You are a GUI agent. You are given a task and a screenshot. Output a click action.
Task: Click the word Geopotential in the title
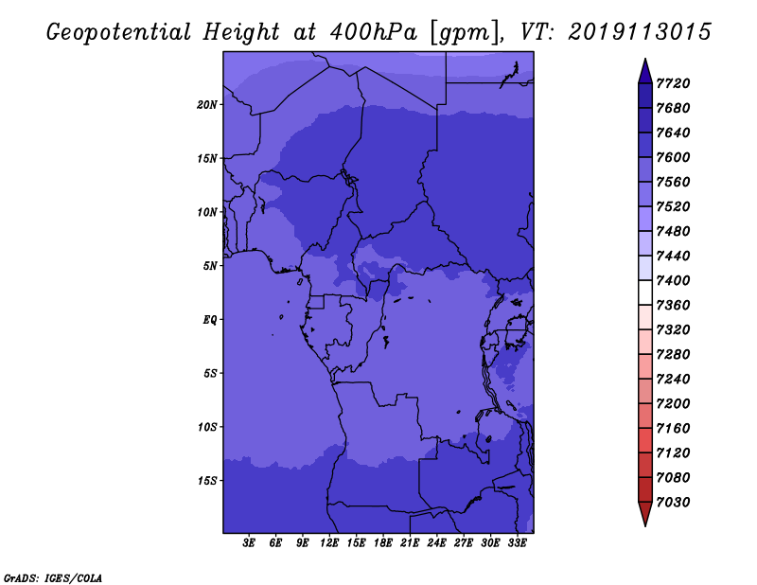click(119, 32)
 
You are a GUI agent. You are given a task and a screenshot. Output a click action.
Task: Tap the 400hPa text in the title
click(373, 32)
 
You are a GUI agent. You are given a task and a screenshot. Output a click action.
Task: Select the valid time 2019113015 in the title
click(640, 32)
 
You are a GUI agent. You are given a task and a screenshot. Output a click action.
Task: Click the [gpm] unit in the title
click(465, 33)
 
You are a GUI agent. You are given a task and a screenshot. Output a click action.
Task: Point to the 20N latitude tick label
click(207, 105)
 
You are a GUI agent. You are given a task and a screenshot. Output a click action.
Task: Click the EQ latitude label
click(210, 320)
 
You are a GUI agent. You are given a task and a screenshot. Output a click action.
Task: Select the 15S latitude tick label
click(207, 481)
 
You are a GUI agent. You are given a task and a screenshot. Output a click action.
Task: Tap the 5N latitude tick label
click(210, 266)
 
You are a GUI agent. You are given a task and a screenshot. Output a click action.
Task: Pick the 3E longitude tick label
click(249, 543)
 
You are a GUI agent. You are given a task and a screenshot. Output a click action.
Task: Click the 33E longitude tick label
click(517, 543)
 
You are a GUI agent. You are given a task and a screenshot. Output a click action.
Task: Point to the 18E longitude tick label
click(383, 543)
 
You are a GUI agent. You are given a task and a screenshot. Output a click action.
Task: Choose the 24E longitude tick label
click(436, 543)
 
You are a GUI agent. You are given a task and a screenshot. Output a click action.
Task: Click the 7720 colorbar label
click(673, 83)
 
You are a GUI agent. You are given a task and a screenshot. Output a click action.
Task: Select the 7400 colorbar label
click(673, 280)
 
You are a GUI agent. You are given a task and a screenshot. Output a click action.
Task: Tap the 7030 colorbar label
click(673, 502)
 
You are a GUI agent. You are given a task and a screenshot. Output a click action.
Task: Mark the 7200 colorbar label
click(673, 403)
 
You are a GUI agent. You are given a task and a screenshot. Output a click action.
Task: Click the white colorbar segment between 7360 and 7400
click(645, 292)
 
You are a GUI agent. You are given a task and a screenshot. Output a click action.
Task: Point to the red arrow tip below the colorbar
click(645, 525)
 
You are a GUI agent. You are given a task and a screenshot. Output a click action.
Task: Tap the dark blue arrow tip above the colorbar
click(645, 60)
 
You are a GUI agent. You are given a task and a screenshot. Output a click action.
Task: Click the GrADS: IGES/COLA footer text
click(53, 578)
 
